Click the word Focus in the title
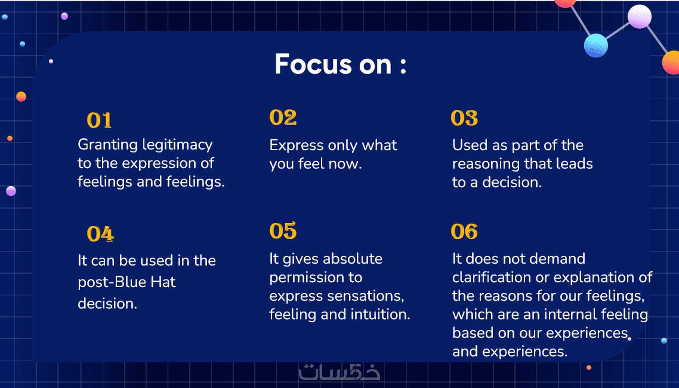pos(313,64)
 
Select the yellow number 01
pos(99,120)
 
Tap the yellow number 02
pos(283,118)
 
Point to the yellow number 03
pos(464,118)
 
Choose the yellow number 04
pos(100,234)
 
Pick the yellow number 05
pos(283,231)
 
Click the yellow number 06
pos(464,231)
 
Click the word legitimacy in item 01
pos(177,146)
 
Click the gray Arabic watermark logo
pos(339,372)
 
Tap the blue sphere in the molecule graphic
pos(596,46)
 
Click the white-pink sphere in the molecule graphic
pos(639,17)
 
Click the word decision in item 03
pos(512,183)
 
